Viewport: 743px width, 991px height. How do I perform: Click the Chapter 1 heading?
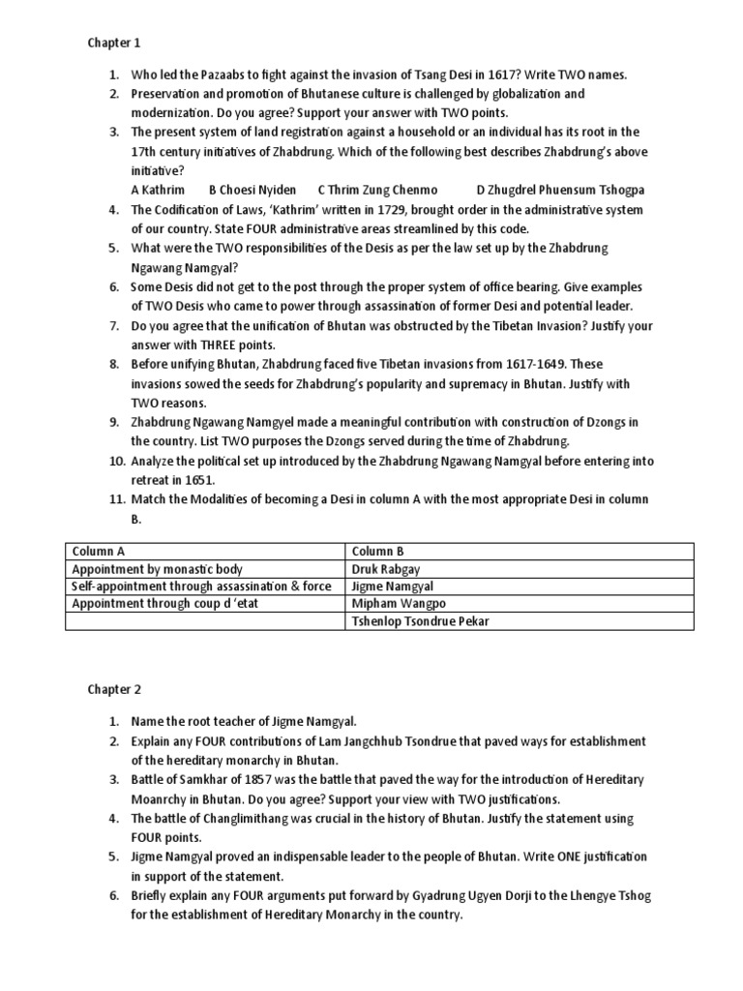point(115,43)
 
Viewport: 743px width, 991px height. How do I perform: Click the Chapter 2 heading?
point(115,690)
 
